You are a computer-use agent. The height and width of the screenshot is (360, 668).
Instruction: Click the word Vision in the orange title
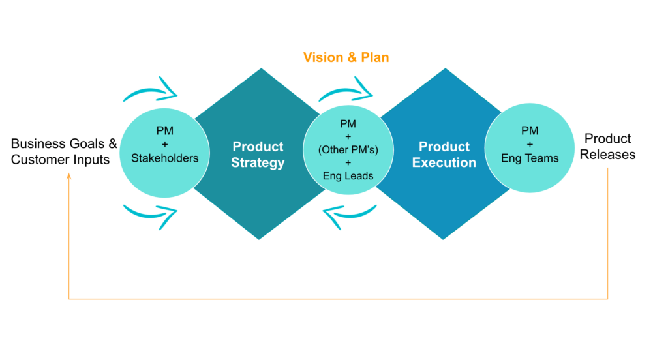[x=324, y=57]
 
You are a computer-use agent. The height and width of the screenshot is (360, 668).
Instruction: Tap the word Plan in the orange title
[x=375, y=57]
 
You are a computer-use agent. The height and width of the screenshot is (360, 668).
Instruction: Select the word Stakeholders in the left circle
[x=165, y=158]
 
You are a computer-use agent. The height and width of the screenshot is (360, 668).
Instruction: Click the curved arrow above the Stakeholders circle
[x=151, y=90]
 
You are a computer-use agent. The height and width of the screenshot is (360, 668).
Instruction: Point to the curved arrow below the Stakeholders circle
[x=151, y=215]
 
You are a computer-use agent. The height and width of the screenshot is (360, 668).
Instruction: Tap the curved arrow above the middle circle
[x=346, y=90]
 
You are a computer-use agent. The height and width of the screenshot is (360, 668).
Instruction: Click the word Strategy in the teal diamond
[x=258, y=163]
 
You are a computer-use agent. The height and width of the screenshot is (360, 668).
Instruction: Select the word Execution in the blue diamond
[x=444, y=162]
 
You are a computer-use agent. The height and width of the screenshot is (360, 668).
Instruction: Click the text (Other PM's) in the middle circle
[x=348, y=150]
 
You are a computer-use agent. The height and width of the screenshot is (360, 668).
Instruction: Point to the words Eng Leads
[x=348, y=175]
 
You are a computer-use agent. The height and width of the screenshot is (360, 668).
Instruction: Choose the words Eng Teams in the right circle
[x=530, y=158]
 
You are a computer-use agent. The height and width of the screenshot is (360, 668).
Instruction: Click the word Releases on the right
[x=607, y=154]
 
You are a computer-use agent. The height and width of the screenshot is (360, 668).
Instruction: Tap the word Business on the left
[x=37, y=143]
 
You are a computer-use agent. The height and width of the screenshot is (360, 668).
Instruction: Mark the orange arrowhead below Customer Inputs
[x=68, y=175]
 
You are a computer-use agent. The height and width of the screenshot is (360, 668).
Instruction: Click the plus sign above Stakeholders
[x=165, y=144]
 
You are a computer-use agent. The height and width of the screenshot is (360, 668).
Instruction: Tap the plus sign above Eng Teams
[x=530, y=144]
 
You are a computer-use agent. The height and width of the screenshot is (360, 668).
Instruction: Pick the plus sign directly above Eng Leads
[x=348, y=163]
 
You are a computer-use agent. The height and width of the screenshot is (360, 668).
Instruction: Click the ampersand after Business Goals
[x=112, y=143]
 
